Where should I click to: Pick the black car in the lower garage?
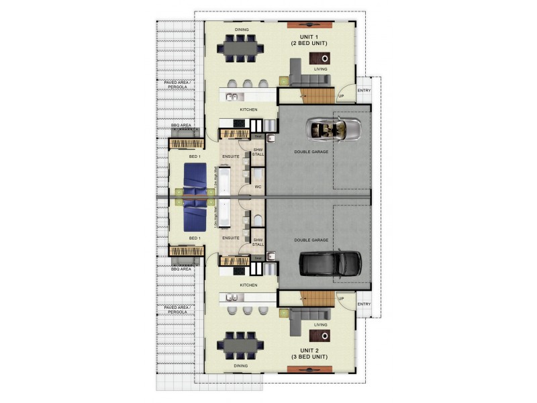coord(331,264)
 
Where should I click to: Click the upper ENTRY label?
coord(364,91)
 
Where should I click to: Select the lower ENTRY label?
coord(364,304)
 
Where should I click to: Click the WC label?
coord(258,187)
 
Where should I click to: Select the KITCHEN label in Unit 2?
coord(249,284)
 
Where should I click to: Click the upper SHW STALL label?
coord(258,152)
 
